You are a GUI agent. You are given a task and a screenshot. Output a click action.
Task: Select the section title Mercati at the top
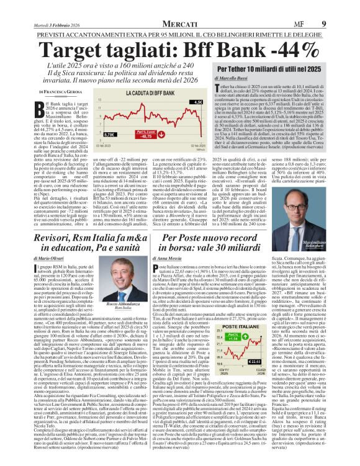pos(179,7)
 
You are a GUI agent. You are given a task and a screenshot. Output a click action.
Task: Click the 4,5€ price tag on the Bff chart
pos(198,102)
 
